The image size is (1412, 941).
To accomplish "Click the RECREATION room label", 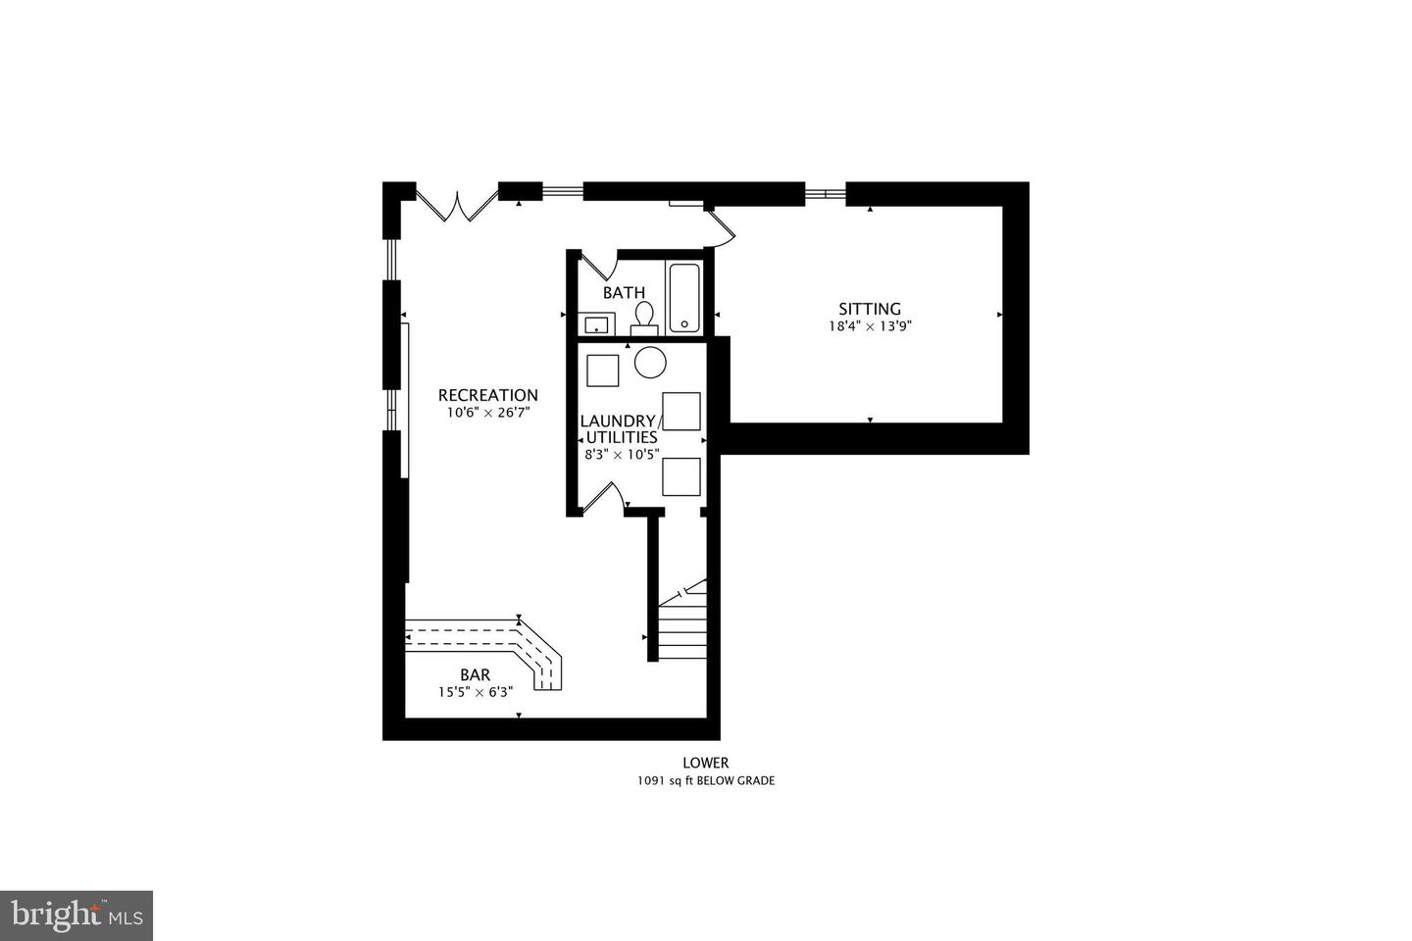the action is [x=488, y=395].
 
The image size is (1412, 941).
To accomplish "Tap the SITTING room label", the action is [x=869, y=309].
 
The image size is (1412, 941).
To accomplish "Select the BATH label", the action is [x=624, y=292].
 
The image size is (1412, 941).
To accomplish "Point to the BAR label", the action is [x=476, y=675].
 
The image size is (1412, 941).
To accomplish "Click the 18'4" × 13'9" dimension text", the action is [x=871, y=326].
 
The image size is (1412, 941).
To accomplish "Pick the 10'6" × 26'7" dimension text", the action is [x=488, y=413].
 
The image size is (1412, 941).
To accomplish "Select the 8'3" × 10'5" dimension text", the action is [x=622, y=455].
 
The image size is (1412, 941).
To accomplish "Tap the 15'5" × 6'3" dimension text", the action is [x=476, y=692].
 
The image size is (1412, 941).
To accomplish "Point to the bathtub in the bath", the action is [x=684, y=298].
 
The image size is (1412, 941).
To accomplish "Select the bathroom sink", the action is [x=596, y=324].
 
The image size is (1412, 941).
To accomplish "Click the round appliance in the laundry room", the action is [x=650, y=363].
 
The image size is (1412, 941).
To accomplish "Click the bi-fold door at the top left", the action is [x=457, y=204].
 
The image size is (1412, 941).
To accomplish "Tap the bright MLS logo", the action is [x=76, y=916].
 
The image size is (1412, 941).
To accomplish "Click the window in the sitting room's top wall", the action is [x=826, y=193].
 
